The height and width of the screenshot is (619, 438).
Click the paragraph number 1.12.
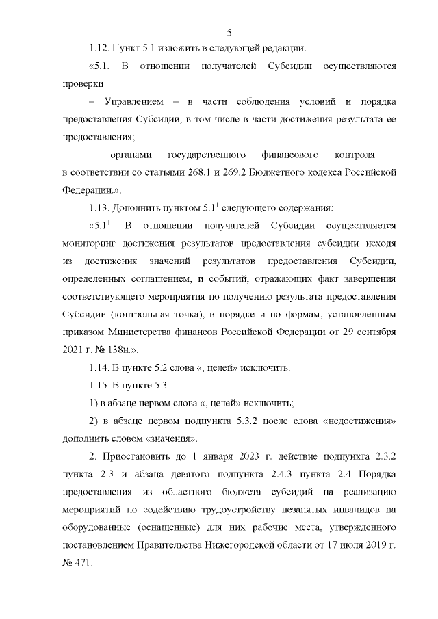pos(102,49)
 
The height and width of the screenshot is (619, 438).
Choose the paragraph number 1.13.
pos(102,209)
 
